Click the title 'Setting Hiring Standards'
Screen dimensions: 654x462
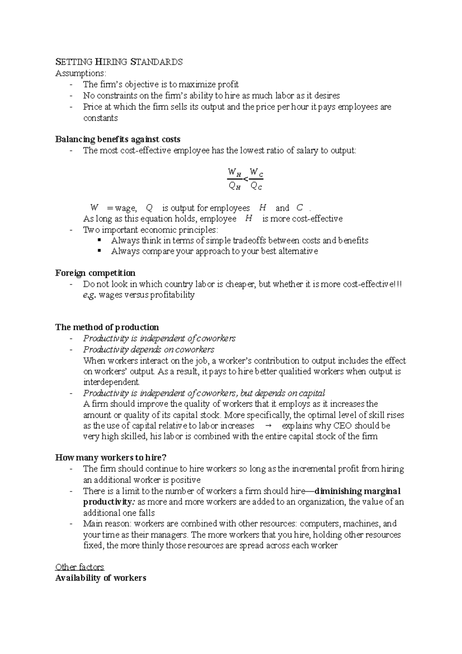click(119, 62)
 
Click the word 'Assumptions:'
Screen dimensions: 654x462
click(80, 73)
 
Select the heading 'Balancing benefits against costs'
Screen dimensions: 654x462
click(118, 139)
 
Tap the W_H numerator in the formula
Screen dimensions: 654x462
click(234, 172)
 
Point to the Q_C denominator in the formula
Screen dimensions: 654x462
click(256, 187)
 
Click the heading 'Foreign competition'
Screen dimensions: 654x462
click(95, 273)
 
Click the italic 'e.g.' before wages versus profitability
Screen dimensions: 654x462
click(89, 295)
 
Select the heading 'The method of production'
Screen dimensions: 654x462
click(107, 327)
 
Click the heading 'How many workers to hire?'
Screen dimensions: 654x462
click(111, 458)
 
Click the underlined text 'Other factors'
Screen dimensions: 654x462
click(80, 567)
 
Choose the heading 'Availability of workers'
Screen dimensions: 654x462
click(100, 578)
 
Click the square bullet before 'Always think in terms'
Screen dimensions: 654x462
click(100, 240)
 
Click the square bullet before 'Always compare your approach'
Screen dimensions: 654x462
click(100, 251)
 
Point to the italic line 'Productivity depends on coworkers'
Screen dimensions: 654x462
click(149, 350)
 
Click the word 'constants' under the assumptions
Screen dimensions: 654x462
click(100, 118)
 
